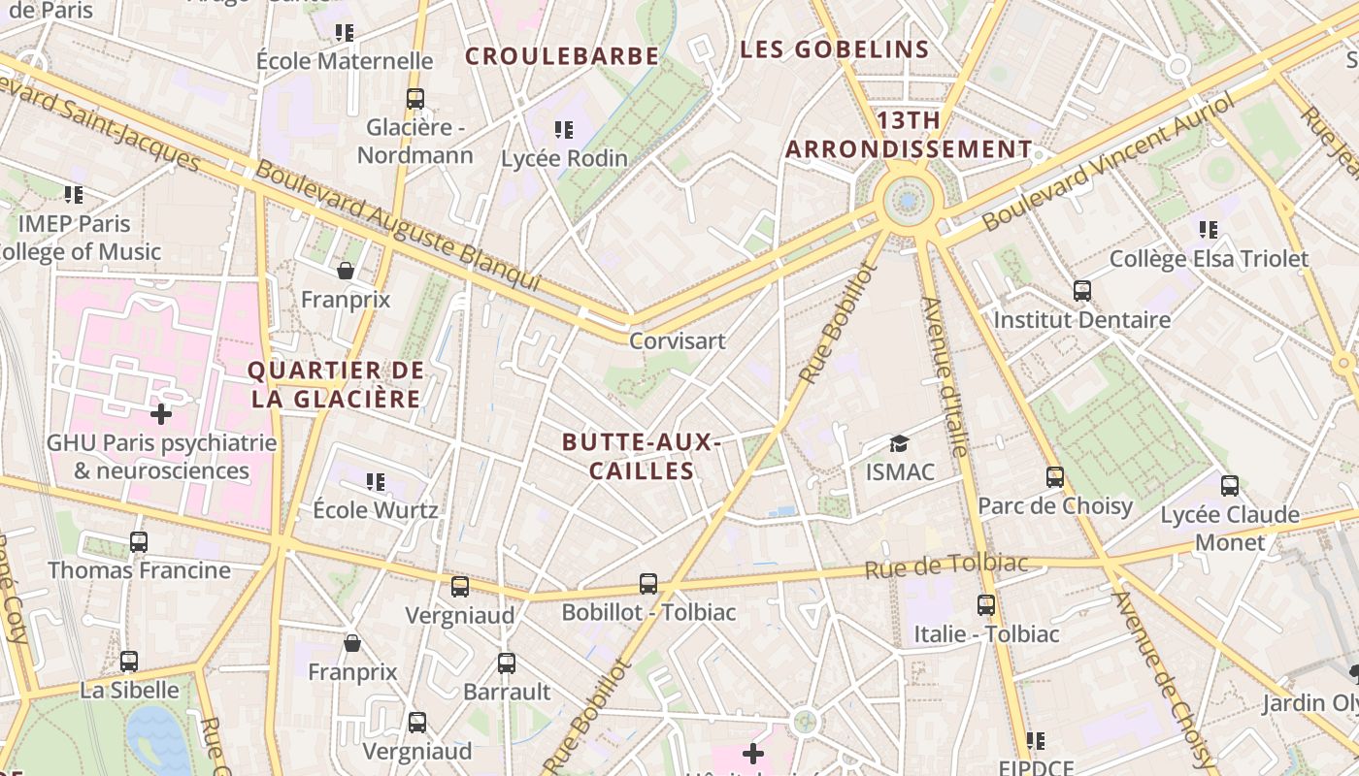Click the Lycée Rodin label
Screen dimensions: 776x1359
coord(564,158)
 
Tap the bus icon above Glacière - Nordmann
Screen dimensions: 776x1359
coord(415,98)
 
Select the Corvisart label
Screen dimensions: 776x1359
coord(678,341)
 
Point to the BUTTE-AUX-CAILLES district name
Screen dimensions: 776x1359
coord(641,457)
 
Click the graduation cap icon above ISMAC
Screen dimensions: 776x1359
coord(900,444)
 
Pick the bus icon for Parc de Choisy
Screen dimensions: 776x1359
coord(1055,477)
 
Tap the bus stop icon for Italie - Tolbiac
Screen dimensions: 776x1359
coord(986,605)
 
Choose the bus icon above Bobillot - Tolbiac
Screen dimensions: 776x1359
coord(648,584)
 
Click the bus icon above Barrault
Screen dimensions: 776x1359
coord(507,663)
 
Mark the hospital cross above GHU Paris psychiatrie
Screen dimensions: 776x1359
coord(161,415)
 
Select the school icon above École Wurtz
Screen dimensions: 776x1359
coord(376,482)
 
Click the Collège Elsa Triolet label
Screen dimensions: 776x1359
coord(1209,259)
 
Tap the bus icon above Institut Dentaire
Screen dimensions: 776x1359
coord(1082,291)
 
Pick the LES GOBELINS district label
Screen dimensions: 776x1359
coord(835,49)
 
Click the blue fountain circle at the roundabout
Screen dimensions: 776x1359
coord(909,201)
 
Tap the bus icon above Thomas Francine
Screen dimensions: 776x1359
coord(139,542)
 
